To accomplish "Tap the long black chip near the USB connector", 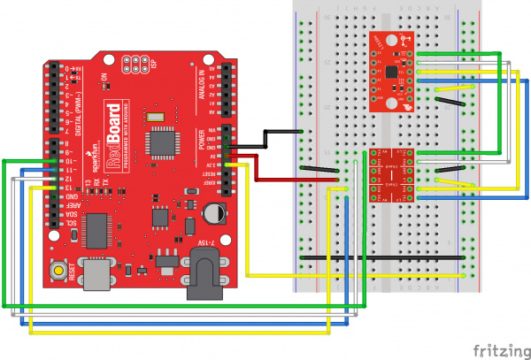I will [x=99, y=228].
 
